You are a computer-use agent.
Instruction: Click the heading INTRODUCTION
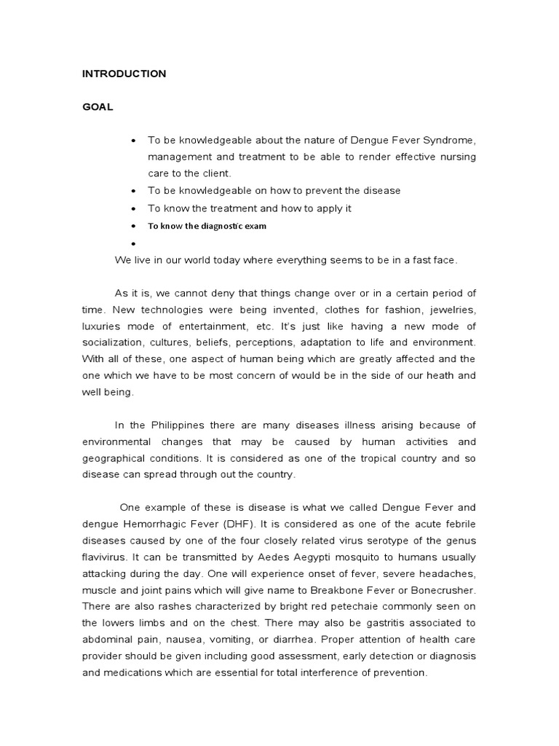124,74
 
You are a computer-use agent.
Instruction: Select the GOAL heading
97,106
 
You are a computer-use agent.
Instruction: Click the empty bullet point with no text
134,243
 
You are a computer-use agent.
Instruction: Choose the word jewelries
449,310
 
